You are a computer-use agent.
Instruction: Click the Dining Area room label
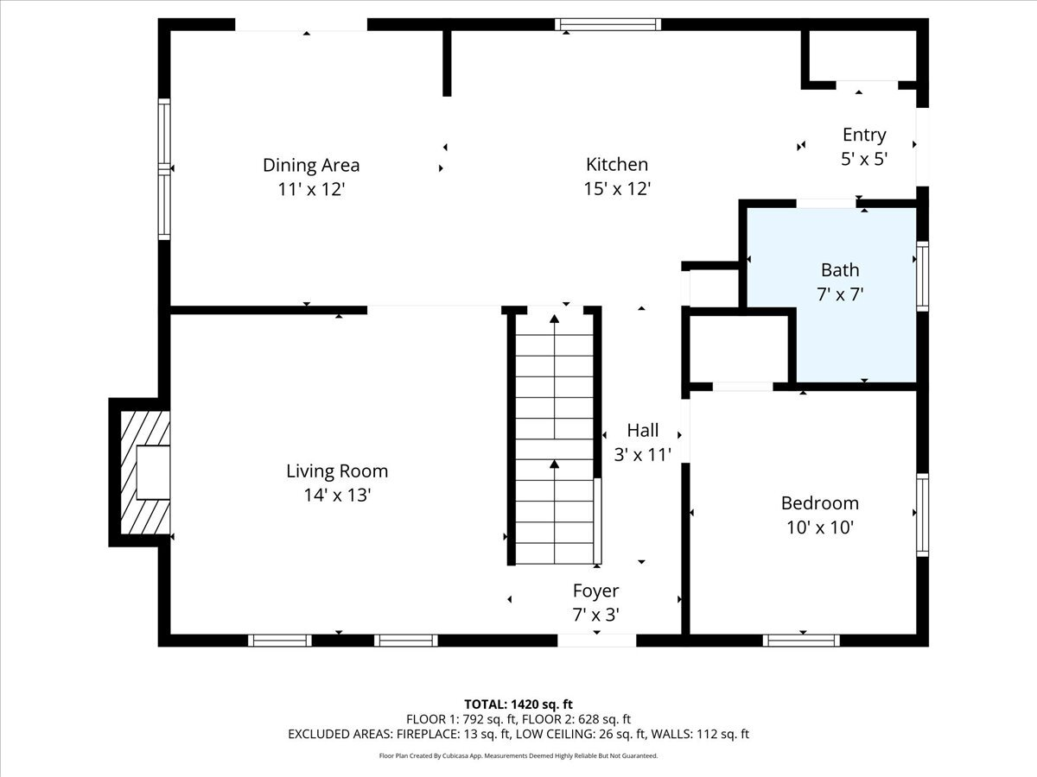click(311, 165)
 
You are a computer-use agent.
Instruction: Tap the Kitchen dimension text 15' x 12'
click(616, 188)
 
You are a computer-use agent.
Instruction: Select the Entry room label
click(864, 135)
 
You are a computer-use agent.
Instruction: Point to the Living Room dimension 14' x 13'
click(337, 496)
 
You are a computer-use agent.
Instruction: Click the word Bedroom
click(819, 503)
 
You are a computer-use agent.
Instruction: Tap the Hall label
click(642, 430)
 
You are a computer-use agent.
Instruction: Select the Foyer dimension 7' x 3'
click(595, 615)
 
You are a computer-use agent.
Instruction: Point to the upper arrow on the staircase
click(554, 321)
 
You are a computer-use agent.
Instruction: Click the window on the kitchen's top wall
click(608, 24)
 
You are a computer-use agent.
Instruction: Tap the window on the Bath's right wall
click(922, 276)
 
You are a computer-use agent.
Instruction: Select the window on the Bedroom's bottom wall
click(801, 641)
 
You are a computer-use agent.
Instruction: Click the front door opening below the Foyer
click(596, 641)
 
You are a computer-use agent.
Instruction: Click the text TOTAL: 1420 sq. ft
click(518, 704)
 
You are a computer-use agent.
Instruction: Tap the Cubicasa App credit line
click(518, 755)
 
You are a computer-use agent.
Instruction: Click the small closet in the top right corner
click(862, 56)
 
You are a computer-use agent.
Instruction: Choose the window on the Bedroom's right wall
click(922, 515)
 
